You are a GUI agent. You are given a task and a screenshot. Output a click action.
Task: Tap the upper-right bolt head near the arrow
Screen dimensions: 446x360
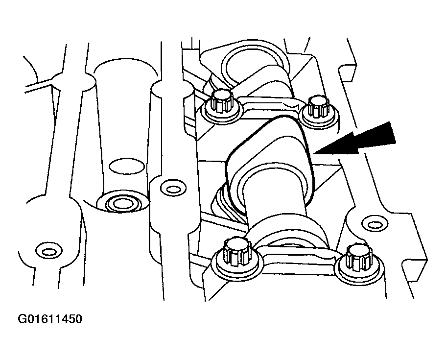(x=318, y=106)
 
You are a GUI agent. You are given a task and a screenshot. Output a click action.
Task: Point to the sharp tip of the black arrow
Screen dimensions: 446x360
(x=313, y=154)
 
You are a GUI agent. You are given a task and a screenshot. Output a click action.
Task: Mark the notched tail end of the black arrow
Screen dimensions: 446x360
(x=393, y=133)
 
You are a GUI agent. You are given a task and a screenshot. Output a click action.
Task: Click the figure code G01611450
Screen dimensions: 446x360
(x=50, y=319)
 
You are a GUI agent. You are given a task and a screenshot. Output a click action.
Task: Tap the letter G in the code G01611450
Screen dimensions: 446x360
(x=22, y=319)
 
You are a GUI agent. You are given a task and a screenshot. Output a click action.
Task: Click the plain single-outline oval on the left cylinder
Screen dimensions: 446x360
(x=127, y=166)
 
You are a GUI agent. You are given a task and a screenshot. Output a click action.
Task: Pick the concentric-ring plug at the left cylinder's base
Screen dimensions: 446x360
(x=123, y=203)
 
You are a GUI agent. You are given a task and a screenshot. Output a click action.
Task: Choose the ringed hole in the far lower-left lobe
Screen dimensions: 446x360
(x=49, y=251)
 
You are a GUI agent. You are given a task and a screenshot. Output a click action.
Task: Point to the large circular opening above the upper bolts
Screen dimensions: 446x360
(x=250, y=66)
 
